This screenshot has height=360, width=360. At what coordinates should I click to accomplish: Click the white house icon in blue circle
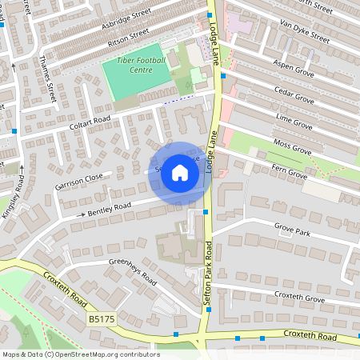point(180,173)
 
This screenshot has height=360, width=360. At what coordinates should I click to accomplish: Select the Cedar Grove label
point(293,95)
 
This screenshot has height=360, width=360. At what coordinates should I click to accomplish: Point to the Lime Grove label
point(293,122)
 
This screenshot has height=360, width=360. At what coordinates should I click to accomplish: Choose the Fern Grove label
point(288,172)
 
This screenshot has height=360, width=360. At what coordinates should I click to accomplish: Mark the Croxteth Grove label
point(298,298)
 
